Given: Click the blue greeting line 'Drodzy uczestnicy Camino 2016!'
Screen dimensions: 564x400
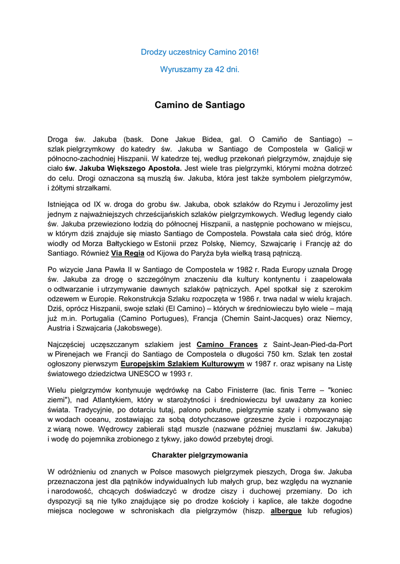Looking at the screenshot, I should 199,52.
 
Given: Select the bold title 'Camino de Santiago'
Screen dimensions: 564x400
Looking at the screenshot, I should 199,105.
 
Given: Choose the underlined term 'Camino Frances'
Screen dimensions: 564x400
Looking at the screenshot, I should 227,344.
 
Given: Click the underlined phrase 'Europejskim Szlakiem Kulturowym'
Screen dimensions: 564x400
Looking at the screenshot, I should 182,364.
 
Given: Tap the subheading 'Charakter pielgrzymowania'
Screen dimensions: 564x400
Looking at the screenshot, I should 199,455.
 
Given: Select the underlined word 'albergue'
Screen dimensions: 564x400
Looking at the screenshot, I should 286,511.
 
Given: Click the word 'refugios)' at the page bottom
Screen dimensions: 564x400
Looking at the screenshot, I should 335,511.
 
